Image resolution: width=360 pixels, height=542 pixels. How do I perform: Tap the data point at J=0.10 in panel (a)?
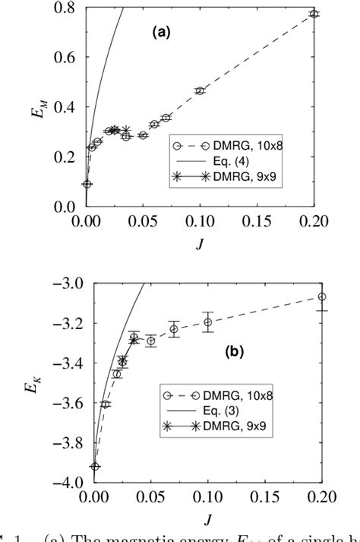(201, 91)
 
